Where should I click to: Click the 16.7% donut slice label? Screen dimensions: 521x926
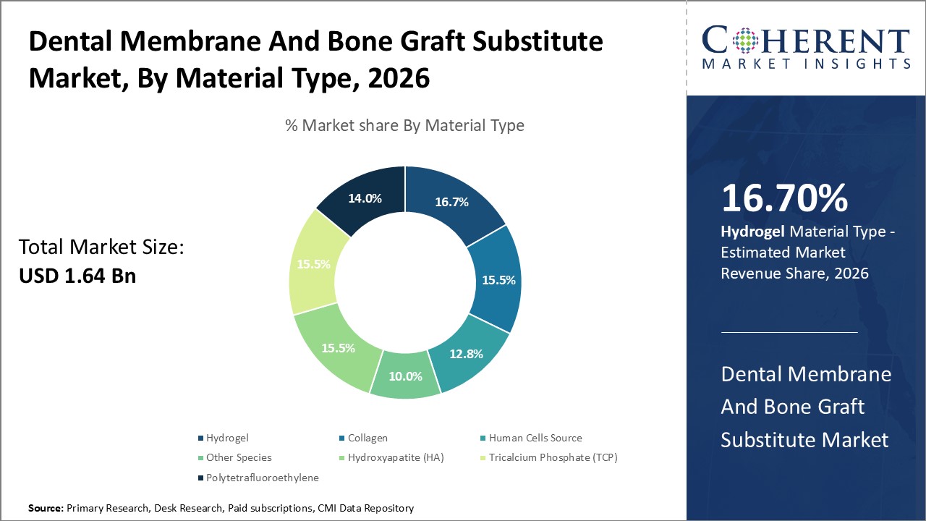pos(451,202)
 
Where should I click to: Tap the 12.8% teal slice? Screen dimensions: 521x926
pos(465,354)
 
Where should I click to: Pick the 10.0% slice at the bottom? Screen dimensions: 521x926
pos(405,376)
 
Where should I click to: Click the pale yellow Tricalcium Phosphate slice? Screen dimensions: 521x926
pos(313,264)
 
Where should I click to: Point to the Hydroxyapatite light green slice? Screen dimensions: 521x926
pos(339,348)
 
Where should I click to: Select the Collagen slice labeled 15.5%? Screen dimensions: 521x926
pos(498,279)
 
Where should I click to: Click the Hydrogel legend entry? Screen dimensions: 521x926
pos(226,438)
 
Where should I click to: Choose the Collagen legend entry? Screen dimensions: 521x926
pos(368,438)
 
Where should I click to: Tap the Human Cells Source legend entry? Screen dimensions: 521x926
pos(535,438)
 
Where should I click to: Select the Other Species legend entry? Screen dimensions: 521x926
pos(239,457)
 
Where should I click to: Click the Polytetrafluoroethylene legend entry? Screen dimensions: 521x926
pos(262,478)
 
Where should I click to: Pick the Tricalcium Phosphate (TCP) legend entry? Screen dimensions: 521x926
pos(553,457)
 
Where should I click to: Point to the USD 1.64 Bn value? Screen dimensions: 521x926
pos(77,276)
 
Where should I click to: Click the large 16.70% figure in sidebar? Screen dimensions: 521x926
pos(784,199)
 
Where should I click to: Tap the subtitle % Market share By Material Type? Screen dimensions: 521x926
pos(404,125)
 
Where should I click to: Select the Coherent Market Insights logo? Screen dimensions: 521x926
pos(806,47)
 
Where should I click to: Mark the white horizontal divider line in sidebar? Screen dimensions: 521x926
pos(789,332)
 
